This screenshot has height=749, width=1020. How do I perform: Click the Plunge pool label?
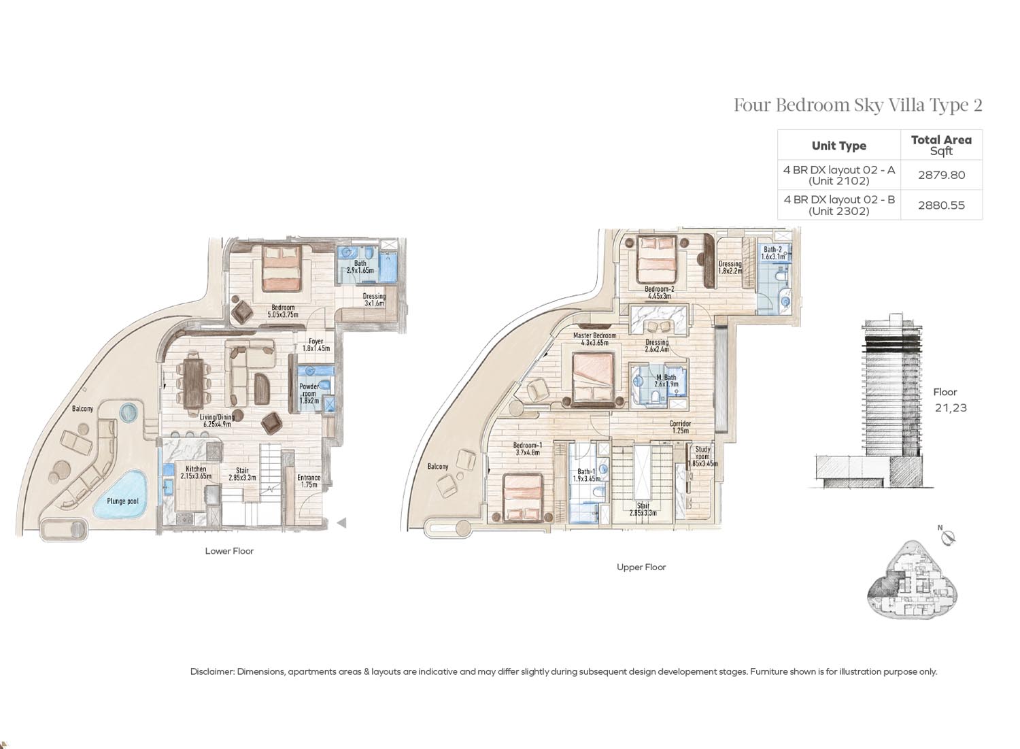[x=122, y=501]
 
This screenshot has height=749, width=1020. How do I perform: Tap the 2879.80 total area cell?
[x=941, y=175]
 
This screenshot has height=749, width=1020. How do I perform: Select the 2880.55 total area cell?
[x=941, y=205]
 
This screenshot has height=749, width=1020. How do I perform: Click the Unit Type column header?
[x=838, y=146]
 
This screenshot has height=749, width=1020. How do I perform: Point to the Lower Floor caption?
[x=229, y=551]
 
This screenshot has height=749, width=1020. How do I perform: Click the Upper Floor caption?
[x=641, y=567]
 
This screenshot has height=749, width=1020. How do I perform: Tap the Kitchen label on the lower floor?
[x=196, y=469]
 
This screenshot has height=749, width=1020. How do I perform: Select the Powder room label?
[x=309, y=390]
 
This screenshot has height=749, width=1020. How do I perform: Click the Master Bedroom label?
[x=594, y=335]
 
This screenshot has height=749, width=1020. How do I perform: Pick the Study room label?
[x=702, y=452]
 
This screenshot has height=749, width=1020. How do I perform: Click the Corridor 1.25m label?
[x=680, y=427]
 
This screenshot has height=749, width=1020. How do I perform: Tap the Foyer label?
[x=316, y=341]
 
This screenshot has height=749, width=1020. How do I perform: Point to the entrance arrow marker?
[x=341, y=522]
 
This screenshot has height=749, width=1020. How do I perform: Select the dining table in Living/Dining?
[x=194, y=381]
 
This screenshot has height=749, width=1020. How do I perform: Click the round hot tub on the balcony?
[x=130, y=412]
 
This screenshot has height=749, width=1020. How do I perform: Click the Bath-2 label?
[x=772, y=250]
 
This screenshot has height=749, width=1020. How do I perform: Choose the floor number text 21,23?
[x=951, y=407]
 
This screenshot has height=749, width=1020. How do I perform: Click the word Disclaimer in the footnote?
[x=211, y=672]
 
